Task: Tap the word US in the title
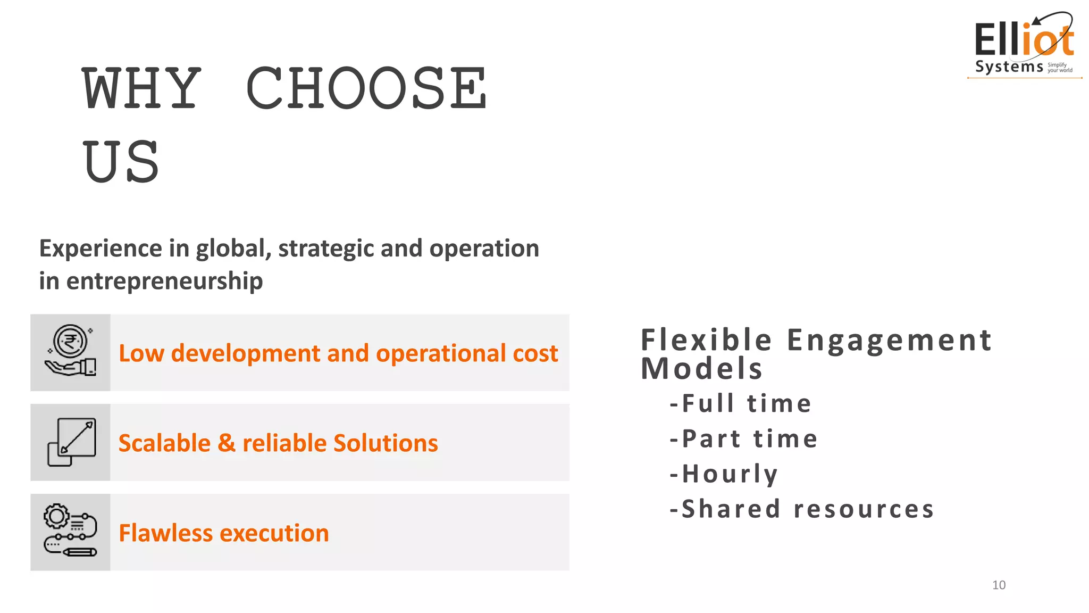121,161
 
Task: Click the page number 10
999,585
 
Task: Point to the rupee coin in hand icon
70,351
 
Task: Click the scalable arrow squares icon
71,442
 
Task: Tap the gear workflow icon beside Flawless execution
70,531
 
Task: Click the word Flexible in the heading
706,340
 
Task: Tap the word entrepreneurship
164,281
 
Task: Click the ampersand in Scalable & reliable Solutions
227,443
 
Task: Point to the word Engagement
889,341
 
